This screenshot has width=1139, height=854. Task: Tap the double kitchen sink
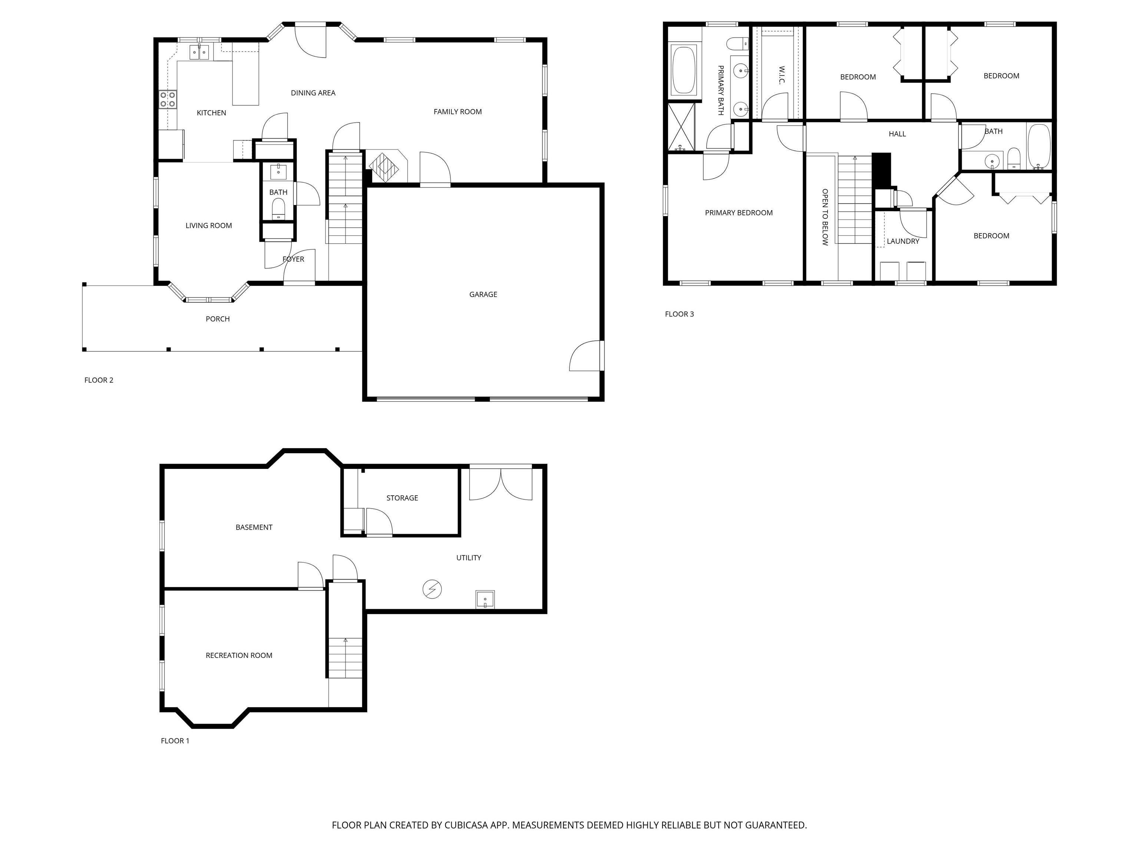coord(199,52)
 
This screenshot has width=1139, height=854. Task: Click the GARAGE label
coord(483,294)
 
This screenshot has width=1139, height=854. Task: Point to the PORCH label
coord(218,319)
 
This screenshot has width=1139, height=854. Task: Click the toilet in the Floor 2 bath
coord(278,209)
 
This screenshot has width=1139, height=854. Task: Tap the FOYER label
coord(294,259)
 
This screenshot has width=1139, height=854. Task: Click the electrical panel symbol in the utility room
coord(432,589)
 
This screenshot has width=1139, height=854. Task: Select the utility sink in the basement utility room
coord(485,599)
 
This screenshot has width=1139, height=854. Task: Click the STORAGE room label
coord(402,498)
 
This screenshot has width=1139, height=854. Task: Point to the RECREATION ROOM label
coord(239,655)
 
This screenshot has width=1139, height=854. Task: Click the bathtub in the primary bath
coord(684,70)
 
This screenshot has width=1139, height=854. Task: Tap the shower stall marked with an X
coord(681,127)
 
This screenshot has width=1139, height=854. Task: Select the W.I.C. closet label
coord(781,75)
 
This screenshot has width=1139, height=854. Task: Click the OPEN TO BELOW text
coord(825,217)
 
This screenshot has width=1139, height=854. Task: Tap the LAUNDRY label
coord(903,241)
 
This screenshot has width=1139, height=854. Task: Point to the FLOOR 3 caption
coord(679,314)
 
